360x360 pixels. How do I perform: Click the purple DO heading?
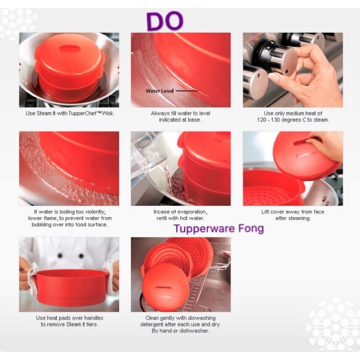(165, 21)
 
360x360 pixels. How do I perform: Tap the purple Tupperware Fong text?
(219, 229)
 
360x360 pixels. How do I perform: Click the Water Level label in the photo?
(160, 91)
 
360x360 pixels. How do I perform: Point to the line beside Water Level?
(187, 91)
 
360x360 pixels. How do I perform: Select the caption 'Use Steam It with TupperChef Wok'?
(70, 114)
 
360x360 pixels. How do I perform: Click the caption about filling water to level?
(181, 116)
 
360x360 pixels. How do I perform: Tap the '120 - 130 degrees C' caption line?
(293, 120)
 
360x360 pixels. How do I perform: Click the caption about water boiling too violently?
(70, 218)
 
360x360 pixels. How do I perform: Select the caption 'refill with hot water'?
(180, 218)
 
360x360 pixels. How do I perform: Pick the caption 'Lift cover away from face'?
(292, 212)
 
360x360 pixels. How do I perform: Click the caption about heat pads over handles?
(70, 321)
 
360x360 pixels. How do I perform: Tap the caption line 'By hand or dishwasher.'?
(181, 331)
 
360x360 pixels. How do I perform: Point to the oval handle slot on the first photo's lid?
(69, 49)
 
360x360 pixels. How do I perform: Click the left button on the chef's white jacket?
(60, 255)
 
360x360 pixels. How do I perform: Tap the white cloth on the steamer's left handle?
(31, 279)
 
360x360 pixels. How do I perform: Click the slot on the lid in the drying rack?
(163, 287)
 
